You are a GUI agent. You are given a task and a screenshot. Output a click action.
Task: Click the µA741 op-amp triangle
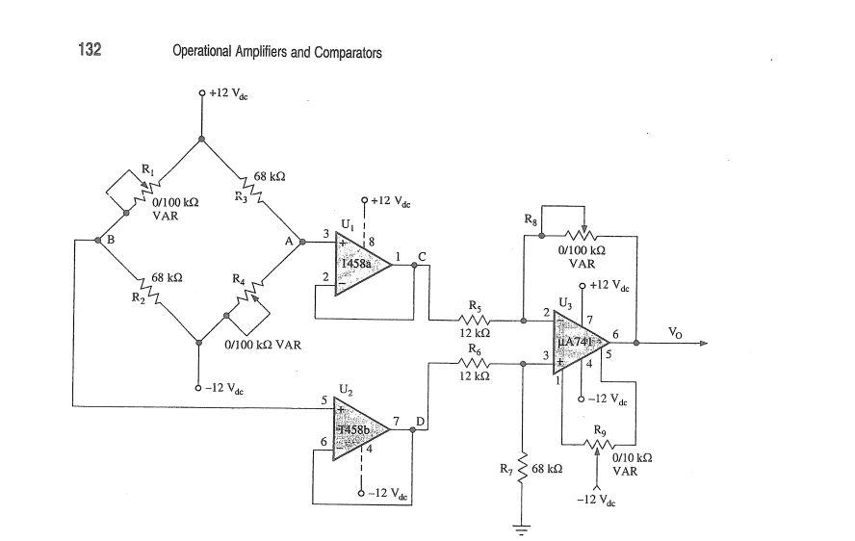click(578, 343)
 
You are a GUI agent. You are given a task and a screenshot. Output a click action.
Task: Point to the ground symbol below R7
click(522, 527)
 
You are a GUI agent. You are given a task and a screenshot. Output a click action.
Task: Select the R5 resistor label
click(474, 307)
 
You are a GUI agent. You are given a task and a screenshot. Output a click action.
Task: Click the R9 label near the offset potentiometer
click(600, 428)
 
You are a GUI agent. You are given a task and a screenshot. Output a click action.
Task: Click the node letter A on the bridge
click(288, 243)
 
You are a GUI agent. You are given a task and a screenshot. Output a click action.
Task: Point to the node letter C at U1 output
click(422, 255)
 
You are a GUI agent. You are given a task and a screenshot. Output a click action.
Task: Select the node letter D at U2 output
click(420, 422)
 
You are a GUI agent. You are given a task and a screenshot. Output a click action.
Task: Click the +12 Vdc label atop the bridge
click(229, 94)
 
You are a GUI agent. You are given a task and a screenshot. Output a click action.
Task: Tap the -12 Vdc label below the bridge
click(225, 388)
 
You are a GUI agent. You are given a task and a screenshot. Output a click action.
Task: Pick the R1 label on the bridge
click(146, 169)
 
